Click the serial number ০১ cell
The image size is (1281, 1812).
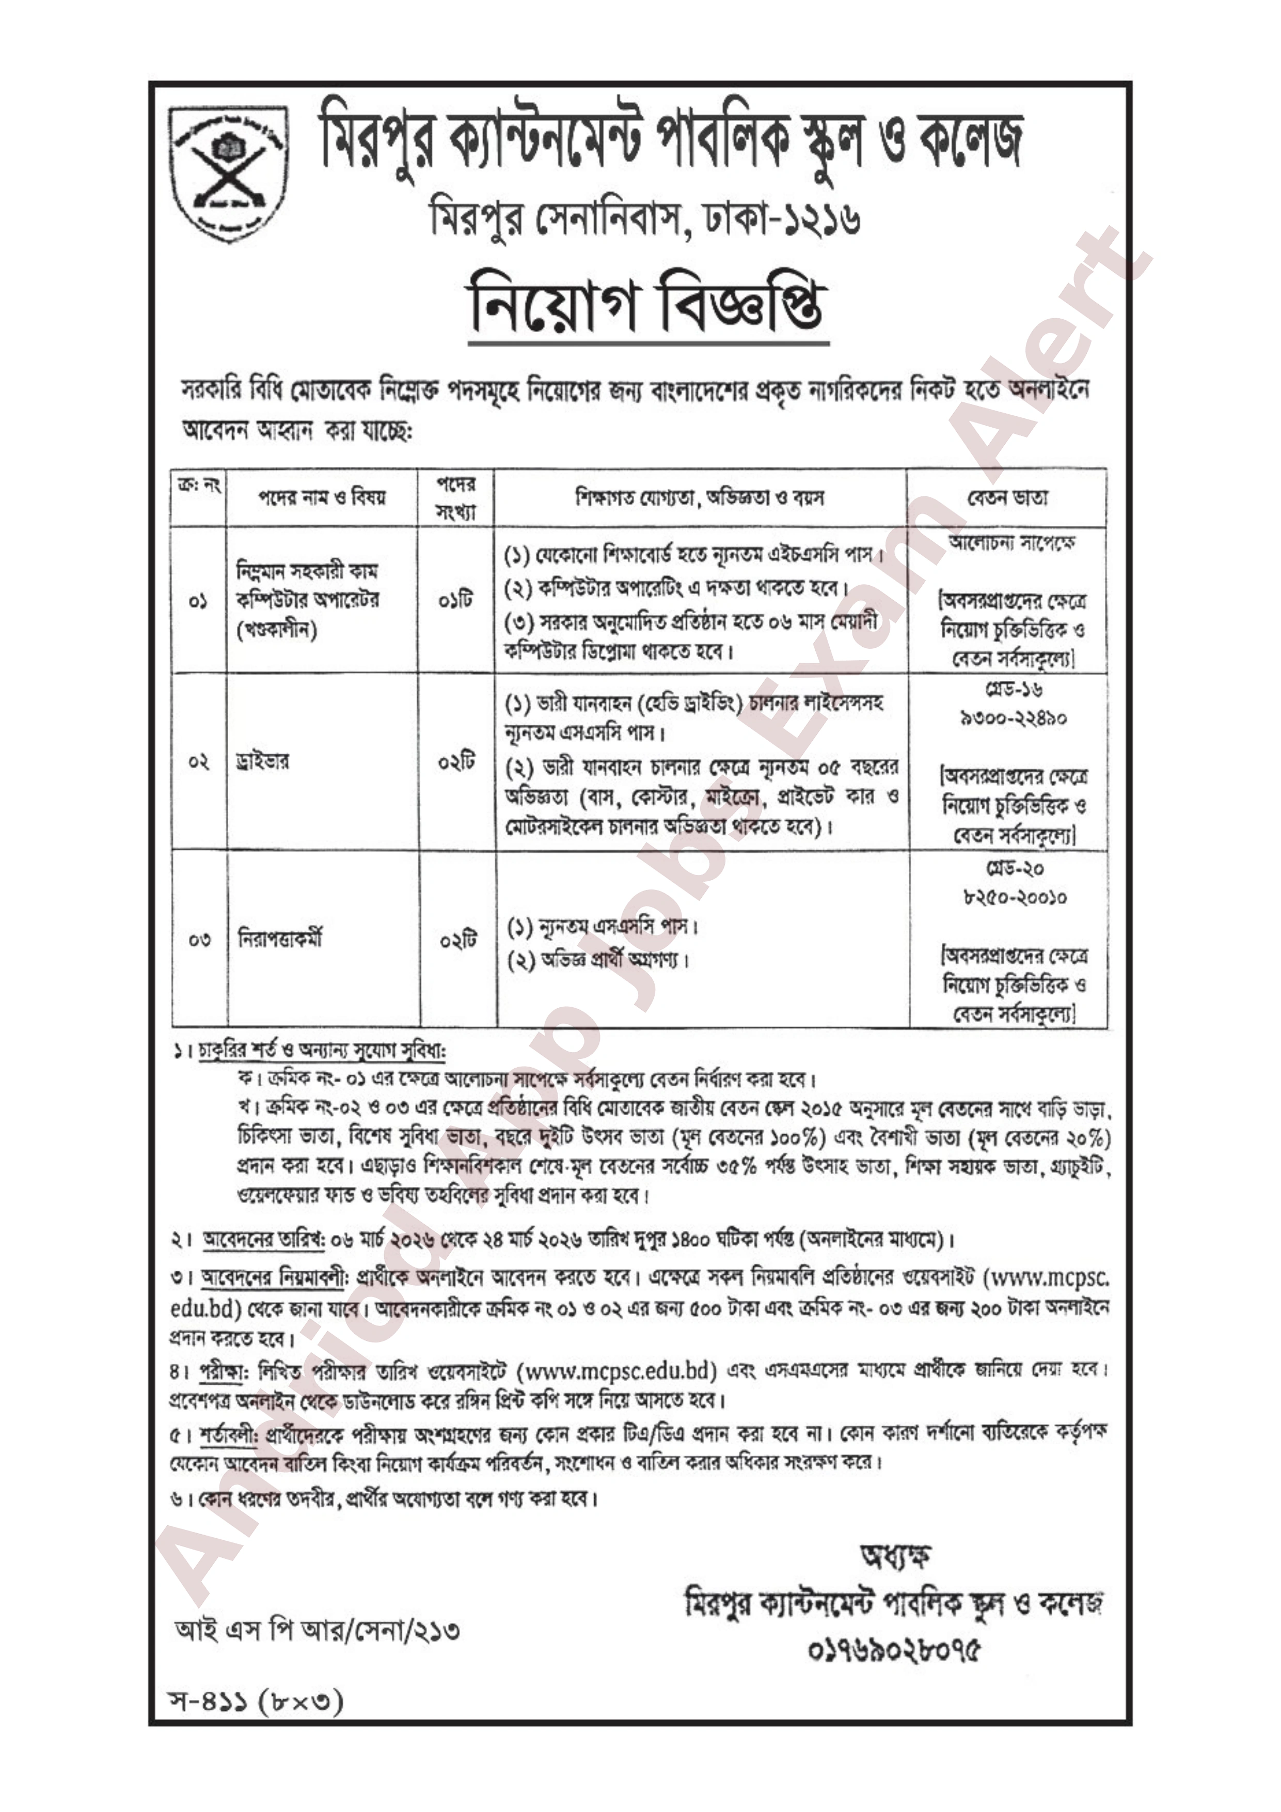(x=199, y=601)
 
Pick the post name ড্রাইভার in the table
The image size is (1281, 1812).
(x=263, y=761)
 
